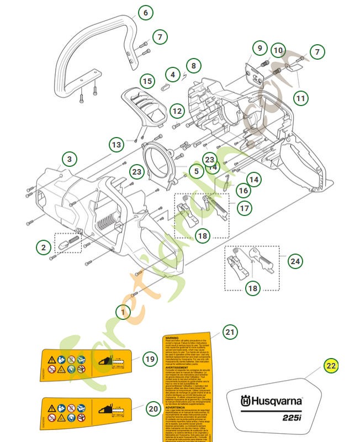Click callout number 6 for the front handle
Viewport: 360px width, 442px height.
[x=146, y=13]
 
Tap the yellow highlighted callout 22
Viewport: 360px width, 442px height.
[x=330, y=365]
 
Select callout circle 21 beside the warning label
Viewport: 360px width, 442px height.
[x=230, y=331]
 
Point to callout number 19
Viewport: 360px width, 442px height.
[x=150, y=359]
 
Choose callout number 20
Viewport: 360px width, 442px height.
[x=153, y=409]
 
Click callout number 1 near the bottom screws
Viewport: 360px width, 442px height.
[x=123, y=312]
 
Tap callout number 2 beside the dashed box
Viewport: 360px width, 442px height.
[x=44, y=247]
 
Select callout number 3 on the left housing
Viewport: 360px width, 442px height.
[x=69, y=160]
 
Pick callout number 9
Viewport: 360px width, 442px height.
[x=259, y=49]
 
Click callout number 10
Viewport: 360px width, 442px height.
[x=278, y=51]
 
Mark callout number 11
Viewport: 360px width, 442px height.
[x=300, y=99]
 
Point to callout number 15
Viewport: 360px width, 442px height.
[x=146, y=81]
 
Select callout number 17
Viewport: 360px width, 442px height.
[x=245, y=208]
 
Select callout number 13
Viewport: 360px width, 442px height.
[x=117, y=145]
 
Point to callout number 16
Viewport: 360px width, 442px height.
[x=243, y=191]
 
